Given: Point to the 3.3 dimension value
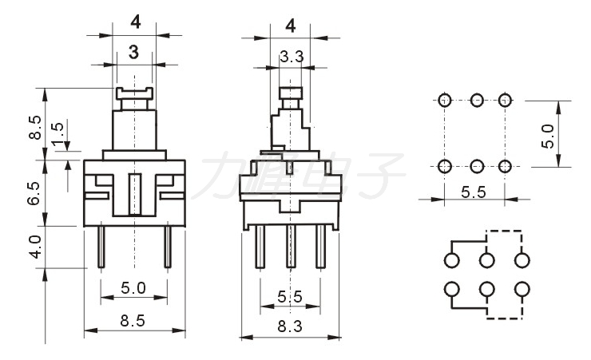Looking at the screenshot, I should [290, 57].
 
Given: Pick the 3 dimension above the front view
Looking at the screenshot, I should [133, 54].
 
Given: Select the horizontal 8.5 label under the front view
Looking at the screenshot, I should [133, 321].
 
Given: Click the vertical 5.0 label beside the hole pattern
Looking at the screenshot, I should [547, 135].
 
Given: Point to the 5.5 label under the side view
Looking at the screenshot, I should [290, 296].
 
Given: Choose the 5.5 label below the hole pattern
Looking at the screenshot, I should [473, 192].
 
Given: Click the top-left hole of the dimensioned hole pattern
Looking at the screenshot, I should [445, 101].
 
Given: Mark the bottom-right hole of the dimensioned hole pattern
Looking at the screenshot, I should [504, 166].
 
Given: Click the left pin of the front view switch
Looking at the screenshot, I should [101, 246].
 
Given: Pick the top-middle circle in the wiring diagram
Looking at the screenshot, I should [487, 261].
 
